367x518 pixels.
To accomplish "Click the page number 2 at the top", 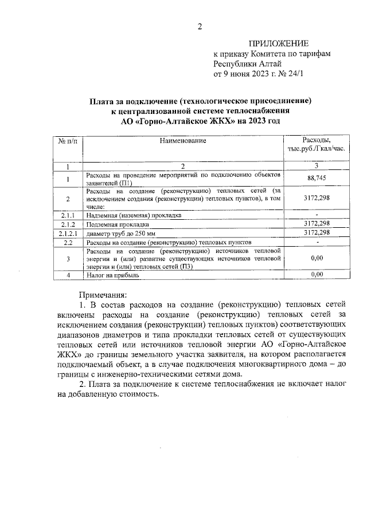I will pos(199,26).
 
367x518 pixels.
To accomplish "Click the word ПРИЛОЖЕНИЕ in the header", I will pos(278,44).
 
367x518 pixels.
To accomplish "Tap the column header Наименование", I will pos(182,140).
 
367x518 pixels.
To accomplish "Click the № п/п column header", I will pos(68,140).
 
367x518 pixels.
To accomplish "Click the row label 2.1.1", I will pos(68,215).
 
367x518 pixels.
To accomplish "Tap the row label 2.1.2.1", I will pos(68,234).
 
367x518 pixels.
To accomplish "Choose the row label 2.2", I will pos(68,243).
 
